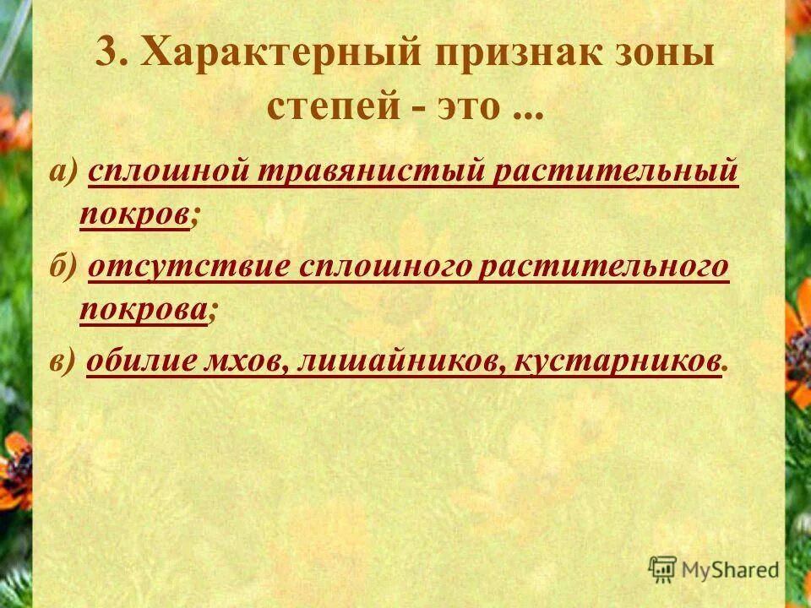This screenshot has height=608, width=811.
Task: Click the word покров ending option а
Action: [x=133, y=215]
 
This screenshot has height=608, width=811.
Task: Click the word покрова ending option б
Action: [x=143, y=311]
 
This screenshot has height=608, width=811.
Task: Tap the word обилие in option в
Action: [x=142, y=361]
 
